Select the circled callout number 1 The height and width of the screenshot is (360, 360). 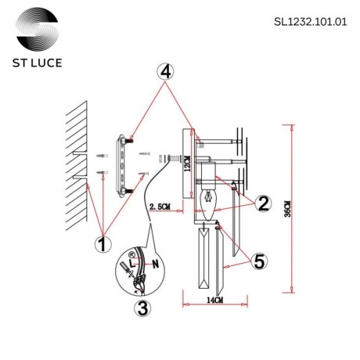coord(100,244)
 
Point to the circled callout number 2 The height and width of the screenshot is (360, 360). coord(264,204)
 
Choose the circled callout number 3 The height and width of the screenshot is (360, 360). coord(142,308)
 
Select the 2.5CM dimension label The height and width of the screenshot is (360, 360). coord(160,207)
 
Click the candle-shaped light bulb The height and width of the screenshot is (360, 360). coord(210,200)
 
